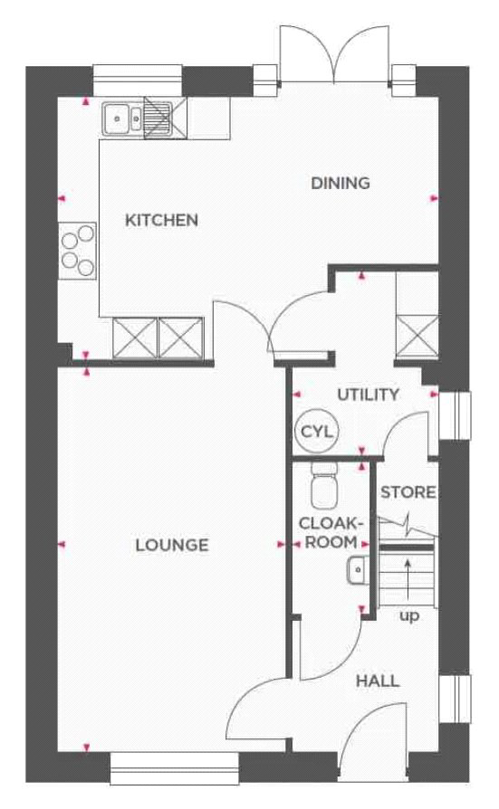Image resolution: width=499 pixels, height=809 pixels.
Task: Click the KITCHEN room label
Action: coord(162,220)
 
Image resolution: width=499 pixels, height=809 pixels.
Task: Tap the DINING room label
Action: coord(341,183)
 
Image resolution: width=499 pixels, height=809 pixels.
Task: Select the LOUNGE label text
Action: coord(172,546)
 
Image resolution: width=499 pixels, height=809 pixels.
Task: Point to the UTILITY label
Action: coord(369,395)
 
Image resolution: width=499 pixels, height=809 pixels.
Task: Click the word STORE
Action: coord(408,492)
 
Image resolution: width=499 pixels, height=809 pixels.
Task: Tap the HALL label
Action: coord(379,681)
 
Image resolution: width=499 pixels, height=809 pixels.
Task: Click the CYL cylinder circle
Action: coord(317,432)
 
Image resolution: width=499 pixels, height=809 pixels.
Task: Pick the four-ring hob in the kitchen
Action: coord(78,251)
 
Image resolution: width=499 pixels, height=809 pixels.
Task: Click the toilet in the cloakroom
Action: coord(324,485)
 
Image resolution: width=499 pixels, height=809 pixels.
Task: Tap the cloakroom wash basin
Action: coord(358,570)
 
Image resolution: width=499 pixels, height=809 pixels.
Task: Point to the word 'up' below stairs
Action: coord(409,616)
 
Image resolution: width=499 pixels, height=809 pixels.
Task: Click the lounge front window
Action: coord(175,768)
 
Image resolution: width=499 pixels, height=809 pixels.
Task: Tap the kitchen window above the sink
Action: coord(138,81)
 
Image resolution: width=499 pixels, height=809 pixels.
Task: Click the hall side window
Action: coord(456,699)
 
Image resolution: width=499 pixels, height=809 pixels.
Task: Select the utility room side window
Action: coord(456,415)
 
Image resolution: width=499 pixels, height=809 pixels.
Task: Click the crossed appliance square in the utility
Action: coord(417,336)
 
